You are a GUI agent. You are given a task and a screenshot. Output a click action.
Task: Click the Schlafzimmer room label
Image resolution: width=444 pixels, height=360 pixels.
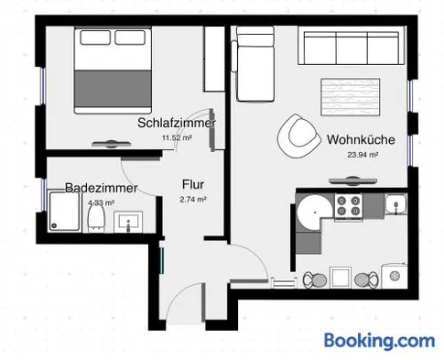click(x=177, y=123)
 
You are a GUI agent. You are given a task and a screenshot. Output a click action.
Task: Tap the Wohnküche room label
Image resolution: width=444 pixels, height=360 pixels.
click(x=361, y=139)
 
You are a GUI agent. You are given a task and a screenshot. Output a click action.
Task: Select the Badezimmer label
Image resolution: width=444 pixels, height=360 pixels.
click(x=102, y=188)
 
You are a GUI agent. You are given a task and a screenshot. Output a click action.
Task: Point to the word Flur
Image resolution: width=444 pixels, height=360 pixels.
click(x=193, y=184)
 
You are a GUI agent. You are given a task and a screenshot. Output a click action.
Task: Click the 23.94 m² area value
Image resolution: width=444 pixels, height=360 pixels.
click(x=363, y=155)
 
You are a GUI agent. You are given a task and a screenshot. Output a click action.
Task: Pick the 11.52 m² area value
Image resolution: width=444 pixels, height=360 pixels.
click(x=177, y=137)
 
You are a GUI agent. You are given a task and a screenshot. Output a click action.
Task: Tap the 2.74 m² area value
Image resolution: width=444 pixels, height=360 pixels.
click(x=193, y=200)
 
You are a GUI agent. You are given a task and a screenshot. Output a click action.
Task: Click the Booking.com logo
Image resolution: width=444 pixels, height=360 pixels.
click(x=379, y=341)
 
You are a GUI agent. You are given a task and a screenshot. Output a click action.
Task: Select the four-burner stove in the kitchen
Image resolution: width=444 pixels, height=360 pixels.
click(x=349, y=206)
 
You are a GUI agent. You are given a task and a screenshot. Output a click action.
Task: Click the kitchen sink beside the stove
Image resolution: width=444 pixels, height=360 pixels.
click(x=395, y=204)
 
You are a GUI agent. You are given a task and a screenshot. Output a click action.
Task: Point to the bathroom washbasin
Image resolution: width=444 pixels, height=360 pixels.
click(x=128, y=222)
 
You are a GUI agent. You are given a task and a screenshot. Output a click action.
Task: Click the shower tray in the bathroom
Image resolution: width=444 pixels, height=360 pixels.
click(x=64, y=211)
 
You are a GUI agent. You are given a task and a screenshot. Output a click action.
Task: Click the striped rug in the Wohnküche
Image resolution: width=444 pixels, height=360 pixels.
click(x=351, y=97)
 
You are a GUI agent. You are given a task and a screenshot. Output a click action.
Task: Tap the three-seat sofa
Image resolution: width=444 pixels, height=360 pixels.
click(x=352, y=46)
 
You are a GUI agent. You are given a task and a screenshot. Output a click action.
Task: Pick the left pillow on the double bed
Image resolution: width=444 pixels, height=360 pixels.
click(x=95, y=38)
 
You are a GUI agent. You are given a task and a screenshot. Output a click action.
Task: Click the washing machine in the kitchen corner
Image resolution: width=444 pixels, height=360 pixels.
click(x=395, y=276)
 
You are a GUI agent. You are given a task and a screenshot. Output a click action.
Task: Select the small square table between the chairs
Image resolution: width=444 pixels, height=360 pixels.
click(x=341, y=278)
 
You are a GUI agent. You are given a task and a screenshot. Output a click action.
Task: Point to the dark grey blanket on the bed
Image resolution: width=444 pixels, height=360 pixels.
click(x=113, y=89)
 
